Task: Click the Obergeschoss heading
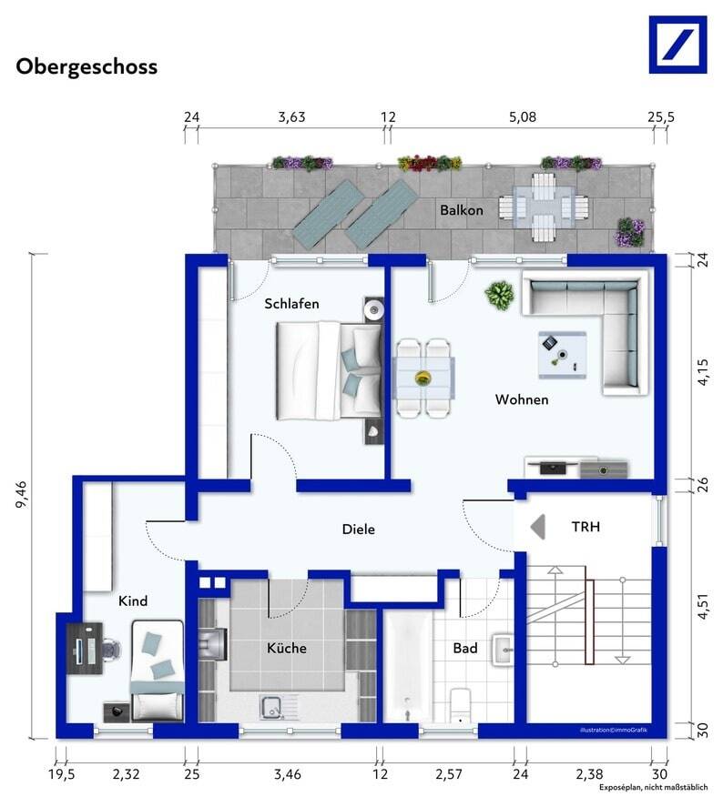(87, 67)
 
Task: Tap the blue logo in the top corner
(677, 45)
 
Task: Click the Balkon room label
(462, 210)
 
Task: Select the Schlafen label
(291, 304)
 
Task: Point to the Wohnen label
(522, 399)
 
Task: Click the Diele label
(359, 530)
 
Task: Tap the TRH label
(586, 527)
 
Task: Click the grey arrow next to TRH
(537, 527)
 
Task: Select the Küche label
(286, 648)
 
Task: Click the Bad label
(465, 648)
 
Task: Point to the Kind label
(133, 600)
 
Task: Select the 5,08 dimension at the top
(523, 117)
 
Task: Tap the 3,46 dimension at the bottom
(288, 774)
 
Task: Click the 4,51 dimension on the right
(703, 608)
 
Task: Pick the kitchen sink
(271, 707)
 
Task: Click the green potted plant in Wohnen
(499, 296)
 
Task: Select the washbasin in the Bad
(503, 650)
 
